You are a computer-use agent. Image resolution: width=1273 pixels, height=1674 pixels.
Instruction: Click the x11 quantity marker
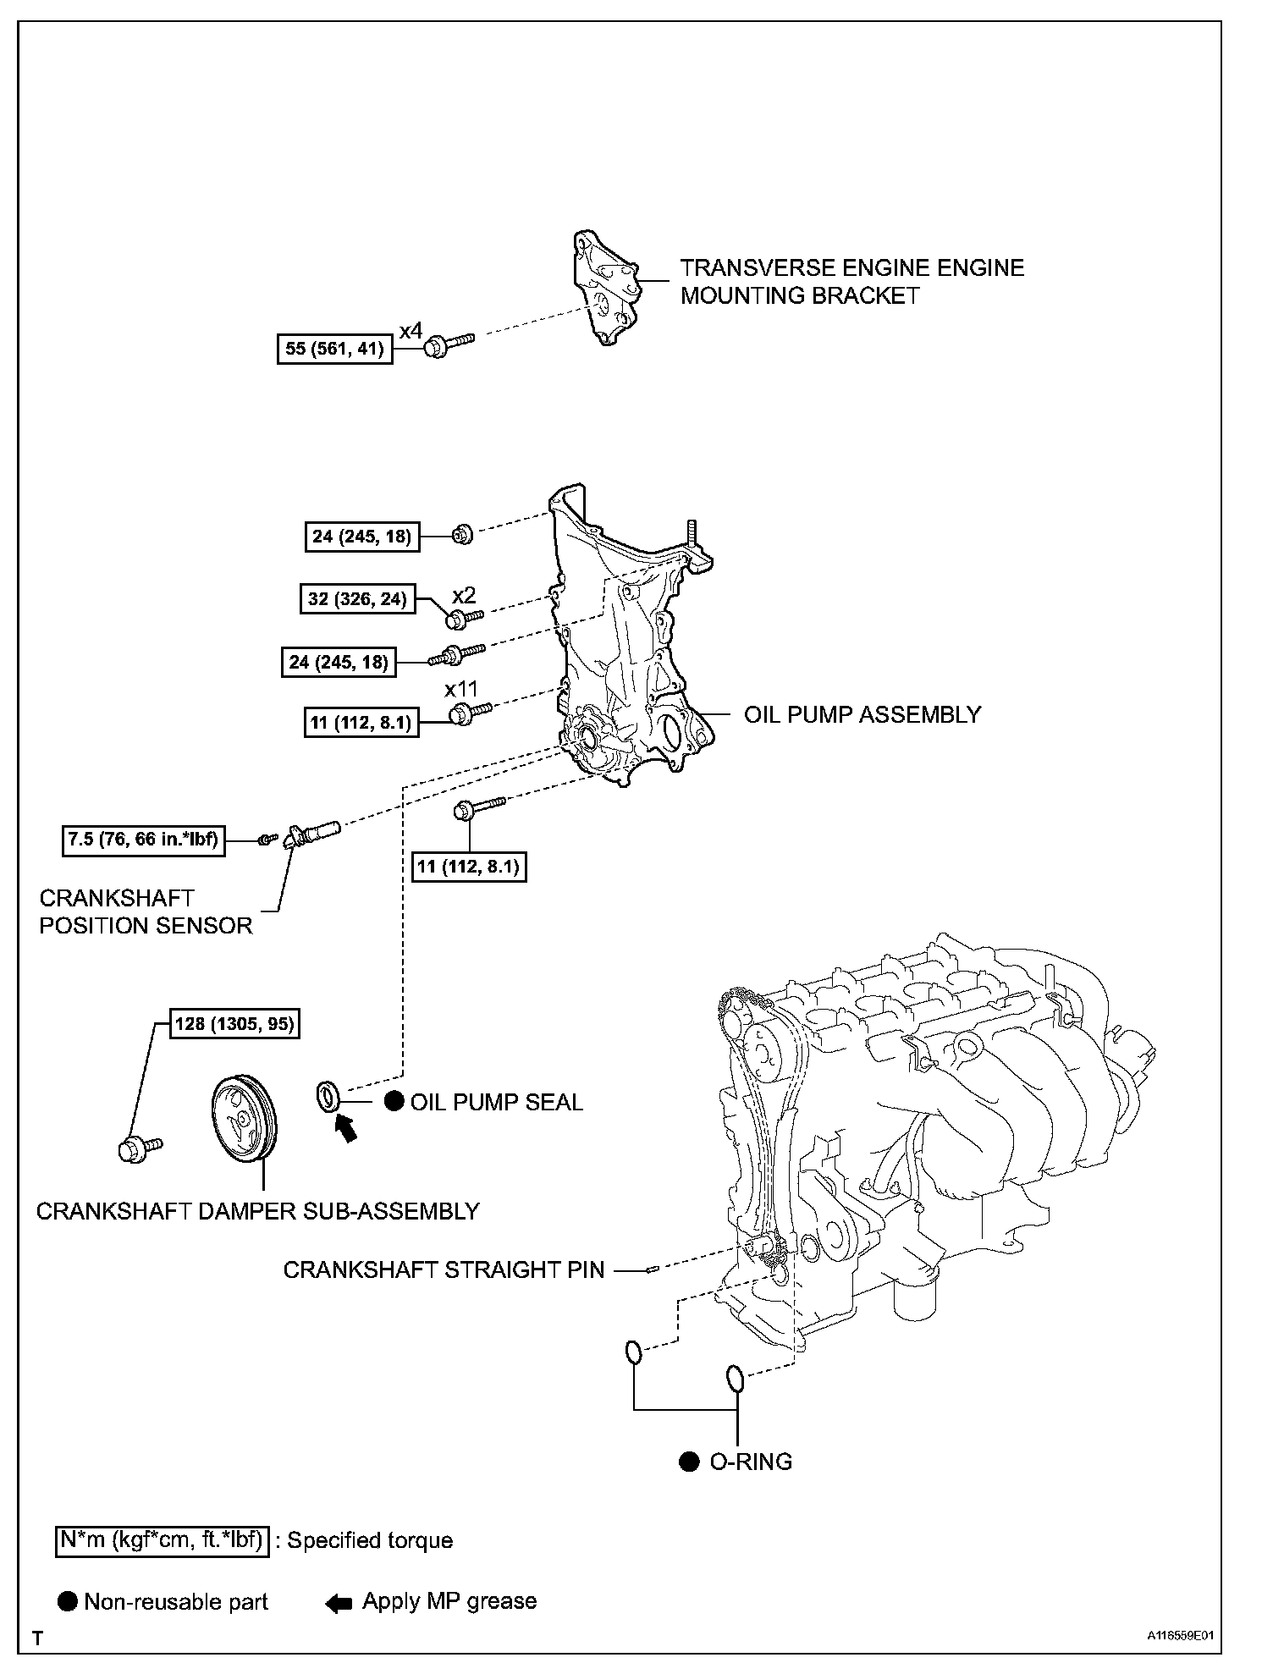tap(461, 690)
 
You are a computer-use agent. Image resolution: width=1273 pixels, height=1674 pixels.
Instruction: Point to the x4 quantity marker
tap(411, 331)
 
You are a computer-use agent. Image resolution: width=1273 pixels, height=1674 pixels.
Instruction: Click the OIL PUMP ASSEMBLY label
tap(862, 715)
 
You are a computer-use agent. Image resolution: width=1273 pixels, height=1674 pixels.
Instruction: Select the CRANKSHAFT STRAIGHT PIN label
tap(444, 1270)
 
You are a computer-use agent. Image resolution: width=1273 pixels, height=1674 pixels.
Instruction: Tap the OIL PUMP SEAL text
tap(496, 1102)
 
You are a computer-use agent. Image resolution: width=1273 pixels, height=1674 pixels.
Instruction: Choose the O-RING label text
tap(750, 1462)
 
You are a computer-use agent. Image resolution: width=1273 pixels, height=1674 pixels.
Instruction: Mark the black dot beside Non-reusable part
tap(69, 1601)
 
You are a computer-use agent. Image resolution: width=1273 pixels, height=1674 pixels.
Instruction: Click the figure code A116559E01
tap(1180, 1636)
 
